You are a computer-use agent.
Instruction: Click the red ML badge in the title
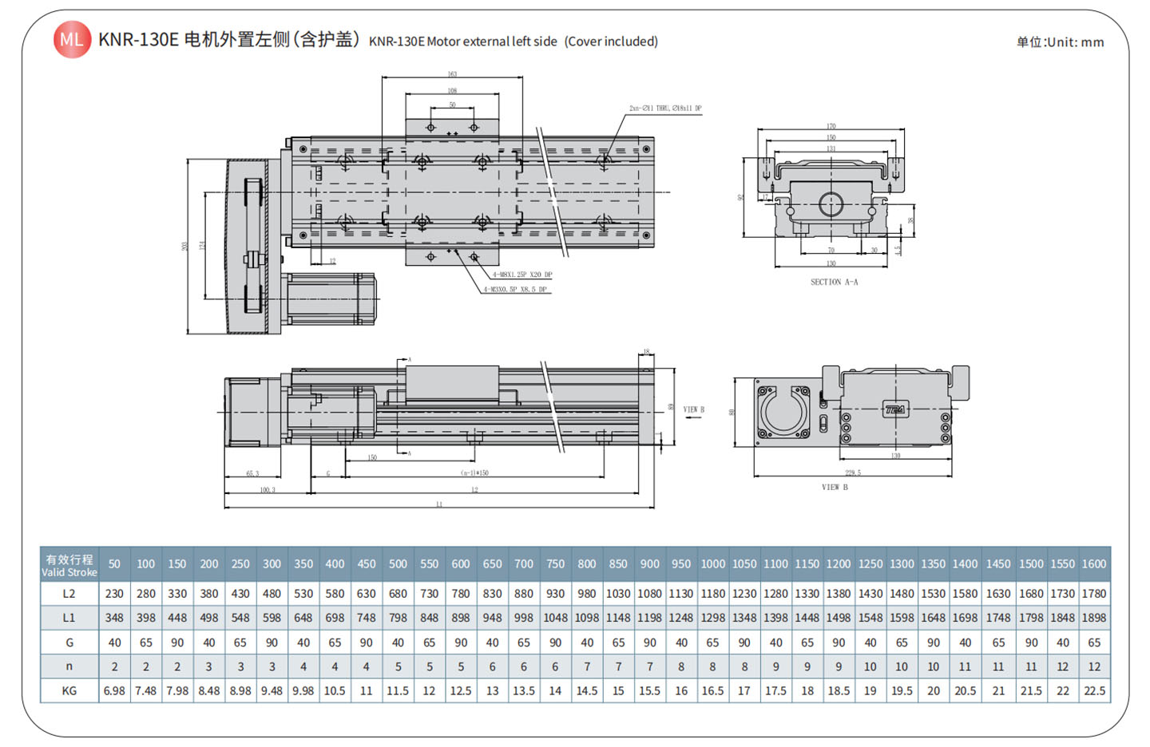pos(72,40)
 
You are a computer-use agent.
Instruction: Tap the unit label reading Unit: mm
pos(1060,42)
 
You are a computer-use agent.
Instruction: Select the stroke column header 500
pos(398,563)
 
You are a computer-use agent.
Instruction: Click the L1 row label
pos(69,618)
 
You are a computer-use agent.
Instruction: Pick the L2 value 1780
pos(1094,594)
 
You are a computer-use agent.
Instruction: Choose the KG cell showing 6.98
pos(114,690)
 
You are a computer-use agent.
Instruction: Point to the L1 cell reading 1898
pos(1094,618)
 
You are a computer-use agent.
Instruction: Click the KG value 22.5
pos(1094,690)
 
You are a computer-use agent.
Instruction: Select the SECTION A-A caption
pos(834,282)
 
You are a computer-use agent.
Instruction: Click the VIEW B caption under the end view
pos(835,487)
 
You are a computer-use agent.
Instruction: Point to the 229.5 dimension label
pos(853,472)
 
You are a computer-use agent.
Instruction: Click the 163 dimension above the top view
pos(452,74)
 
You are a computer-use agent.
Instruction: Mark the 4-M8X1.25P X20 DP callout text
pos(521,275)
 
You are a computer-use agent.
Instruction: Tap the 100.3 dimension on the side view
pos(267,489)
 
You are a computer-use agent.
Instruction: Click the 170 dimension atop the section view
pos(831,126)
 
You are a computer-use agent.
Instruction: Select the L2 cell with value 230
pos(114,594)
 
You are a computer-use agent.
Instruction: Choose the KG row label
pos(69,690)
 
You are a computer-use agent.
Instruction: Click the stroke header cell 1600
pos(1094,563)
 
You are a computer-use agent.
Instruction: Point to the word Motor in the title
pos(444,41)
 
